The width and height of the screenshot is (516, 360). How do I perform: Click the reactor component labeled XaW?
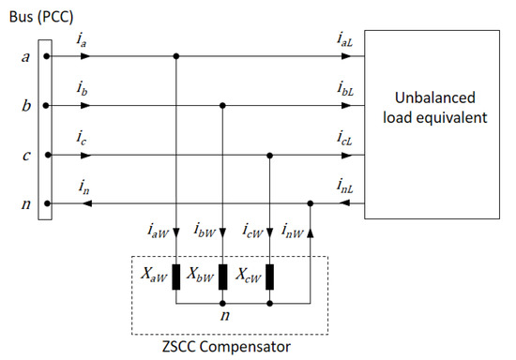[x=175, y=278]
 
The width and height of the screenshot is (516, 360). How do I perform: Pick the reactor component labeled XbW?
[x=222, y=278]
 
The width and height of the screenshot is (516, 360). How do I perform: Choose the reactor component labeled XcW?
[x=269, y=278]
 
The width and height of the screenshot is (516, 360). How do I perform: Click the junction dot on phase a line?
[x=175, y=56]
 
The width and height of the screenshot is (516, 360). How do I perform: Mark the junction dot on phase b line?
[x=222, y=106]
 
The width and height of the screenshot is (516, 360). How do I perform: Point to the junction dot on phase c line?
[x=269, y=155]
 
